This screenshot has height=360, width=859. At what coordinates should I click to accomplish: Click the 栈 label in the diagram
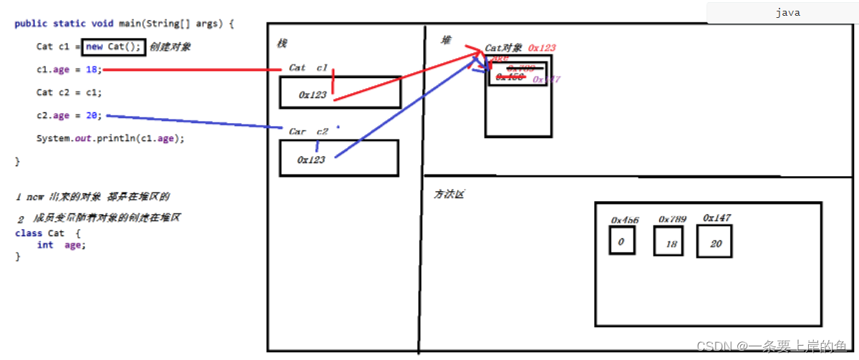281,44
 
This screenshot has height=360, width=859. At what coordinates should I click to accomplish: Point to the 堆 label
447,40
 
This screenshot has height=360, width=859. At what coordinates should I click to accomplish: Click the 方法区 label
449,194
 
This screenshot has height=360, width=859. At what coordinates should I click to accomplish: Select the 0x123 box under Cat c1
339,92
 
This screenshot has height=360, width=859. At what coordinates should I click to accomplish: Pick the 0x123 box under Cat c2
338,157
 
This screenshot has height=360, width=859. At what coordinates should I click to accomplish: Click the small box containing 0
621,241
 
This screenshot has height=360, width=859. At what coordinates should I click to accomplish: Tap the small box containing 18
669,242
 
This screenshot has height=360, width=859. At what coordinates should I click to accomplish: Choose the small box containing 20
714,242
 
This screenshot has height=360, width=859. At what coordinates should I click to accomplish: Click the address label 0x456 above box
624,220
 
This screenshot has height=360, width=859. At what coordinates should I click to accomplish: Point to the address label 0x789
672,218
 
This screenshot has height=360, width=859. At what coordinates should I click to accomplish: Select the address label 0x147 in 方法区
717,218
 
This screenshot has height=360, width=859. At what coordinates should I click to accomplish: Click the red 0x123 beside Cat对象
541,48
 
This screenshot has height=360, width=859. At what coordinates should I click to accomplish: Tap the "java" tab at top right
787,13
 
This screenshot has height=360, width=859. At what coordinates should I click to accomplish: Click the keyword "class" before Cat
29,233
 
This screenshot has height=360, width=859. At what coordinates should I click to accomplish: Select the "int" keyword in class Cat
45,245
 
